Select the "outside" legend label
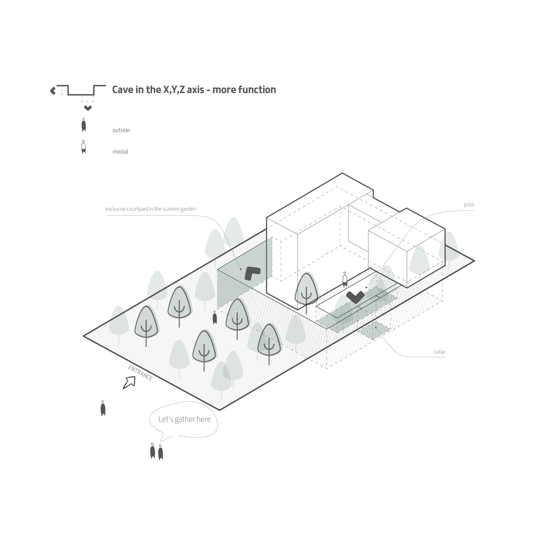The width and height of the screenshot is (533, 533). (121, 130)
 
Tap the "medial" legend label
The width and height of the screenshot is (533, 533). (120, 152)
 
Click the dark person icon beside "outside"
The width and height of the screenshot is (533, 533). (84, 125)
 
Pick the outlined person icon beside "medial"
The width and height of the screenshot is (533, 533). (84, 147)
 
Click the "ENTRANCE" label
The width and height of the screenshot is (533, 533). (140, 373)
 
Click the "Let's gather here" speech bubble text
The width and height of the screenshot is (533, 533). (185, 419)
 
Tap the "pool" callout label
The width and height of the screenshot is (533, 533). (469, 205)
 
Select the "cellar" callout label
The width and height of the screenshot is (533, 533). (439, 352)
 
